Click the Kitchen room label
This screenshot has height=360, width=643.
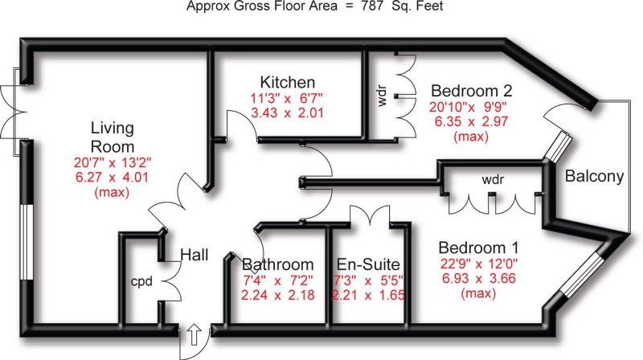287,83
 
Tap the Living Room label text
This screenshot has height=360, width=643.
112,137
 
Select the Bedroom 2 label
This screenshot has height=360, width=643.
471,90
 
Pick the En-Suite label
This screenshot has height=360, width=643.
369,264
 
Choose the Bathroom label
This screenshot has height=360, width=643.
277,264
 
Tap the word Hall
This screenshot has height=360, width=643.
194,255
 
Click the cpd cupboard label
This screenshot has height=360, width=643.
142,283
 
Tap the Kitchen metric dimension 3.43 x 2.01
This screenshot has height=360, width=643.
287,113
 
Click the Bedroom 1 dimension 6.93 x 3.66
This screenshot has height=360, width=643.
477,280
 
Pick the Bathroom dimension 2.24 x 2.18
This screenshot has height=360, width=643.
277,295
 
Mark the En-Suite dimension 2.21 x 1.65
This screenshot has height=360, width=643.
369,295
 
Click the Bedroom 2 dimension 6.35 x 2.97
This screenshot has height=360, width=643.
471,121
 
